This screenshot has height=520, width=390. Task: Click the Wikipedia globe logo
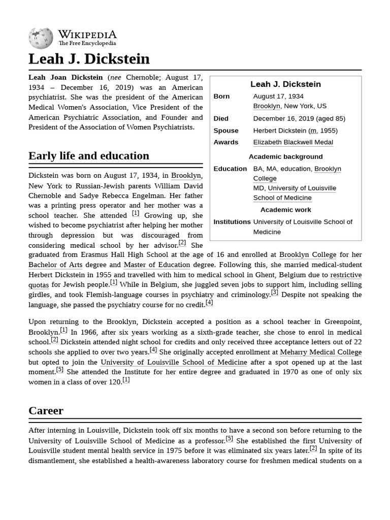41,39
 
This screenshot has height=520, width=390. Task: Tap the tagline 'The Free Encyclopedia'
87,44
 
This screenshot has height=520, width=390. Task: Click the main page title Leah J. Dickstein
89,59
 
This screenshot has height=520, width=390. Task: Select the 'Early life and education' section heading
89,156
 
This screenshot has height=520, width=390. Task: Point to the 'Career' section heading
46,410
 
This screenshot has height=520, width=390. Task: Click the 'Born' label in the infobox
221,96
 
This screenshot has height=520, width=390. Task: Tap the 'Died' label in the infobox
221,118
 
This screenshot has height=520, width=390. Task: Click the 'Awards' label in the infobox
226,143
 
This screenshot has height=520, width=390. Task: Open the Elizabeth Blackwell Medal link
293,143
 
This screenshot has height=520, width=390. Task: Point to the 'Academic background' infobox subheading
285,157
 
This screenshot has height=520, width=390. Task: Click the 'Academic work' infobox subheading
285,210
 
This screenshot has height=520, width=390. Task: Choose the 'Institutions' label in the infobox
232,222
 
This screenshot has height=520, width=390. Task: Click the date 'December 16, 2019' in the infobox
283,118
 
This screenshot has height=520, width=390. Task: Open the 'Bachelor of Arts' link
55,265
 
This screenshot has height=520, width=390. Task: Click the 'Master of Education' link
157,265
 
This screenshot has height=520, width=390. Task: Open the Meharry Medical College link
320,352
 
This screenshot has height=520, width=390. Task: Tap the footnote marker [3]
274,292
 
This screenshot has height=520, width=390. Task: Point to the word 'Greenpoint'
342,322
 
